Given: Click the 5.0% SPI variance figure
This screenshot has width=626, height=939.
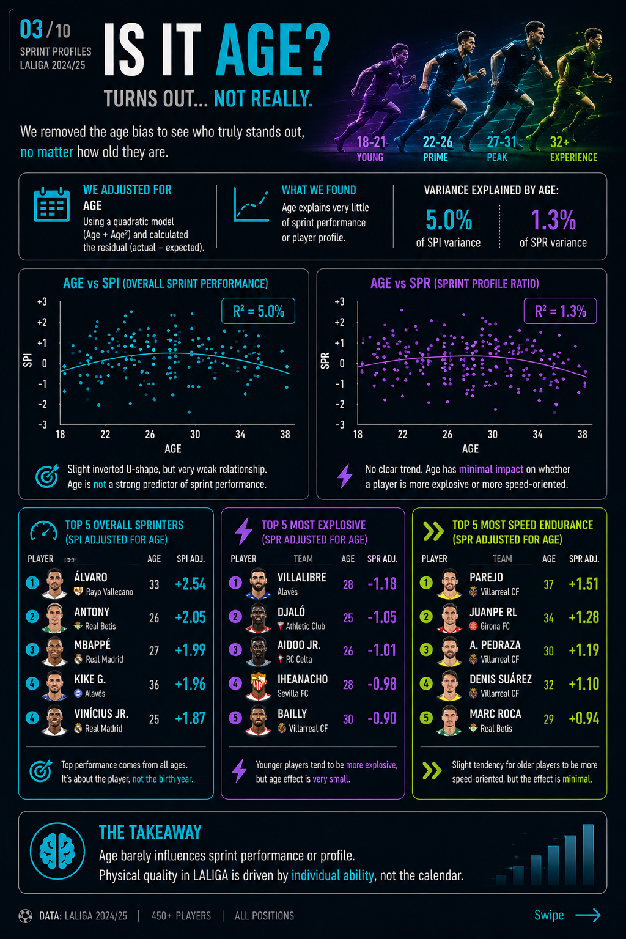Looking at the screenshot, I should [449, 220].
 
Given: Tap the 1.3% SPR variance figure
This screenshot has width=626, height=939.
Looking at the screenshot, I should [553, 220].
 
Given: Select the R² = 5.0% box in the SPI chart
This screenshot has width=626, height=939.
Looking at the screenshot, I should [258, 311].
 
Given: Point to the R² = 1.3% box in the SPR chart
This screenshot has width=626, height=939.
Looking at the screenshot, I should [560, 311].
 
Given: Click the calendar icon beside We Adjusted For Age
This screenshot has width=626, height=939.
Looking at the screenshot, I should [51, 205].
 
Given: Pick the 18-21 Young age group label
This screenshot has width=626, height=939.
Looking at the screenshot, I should [370, 149].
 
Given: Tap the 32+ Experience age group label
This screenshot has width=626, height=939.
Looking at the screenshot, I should [573, 149].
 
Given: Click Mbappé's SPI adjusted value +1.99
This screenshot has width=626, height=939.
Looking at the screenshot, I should [190, 650].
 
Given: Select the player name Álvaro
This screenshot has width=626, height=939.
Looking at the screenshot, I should [90, 577].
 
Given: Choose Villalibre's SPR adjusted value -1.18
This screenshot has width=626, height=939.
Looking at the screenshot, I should [382, 584].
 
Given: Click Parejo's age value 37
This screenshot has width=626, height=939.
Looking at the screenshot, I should [548, 585].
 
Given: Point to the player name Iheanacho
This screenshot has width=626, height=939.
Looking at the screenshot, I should [302, 679].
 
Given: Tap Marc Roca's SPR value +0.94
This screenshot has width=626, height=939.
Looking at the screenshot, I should [584, 718].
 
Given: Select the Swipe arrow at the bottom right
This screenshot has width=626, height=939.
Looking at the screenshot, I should [587, 915].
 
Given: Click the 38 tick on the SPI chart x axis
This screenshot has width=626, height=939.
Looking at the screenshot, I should [285, 435].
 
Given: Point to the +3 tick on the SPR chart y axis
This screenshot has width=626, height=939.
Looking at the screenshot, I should [339, 302].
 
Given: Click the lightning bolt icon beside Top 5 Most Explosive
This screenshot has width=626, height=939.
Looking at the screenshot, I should [244, 531].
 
